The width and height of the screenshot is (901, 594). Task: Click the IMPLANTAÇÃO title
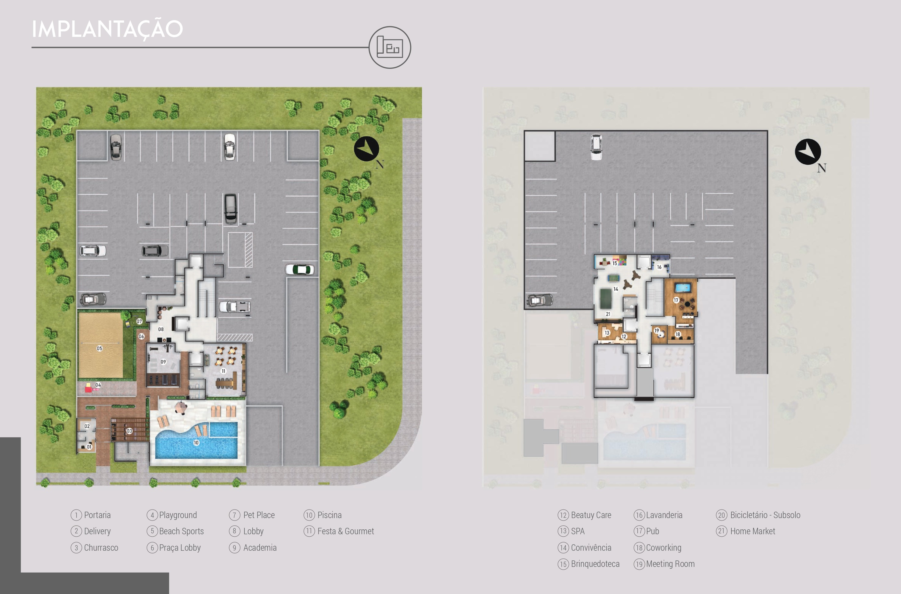point(107,29)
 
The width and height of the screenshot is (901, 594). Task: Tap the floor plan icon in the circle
point(390,47)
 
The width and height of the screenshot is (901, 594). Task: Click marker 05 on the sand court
point(99,348)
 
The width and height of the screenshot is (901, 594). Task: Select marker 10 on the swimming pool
point(196,442)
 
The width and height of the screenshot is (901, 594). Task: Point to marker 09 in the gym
point(163,362)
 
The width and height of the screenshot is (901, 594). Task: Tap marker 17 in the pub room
point(676,300)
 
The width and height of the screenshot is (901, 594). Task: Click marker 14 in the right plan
point(616,289)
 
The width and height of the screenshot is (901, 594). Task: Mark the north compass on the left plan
point(366,149)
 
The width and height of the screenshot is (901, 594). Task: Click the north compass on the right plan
point(808,152)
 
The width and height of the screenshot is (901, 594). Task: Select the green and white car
point(299,269)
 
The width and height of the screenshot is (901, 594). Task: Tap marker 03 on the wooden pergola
point(129,431)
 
